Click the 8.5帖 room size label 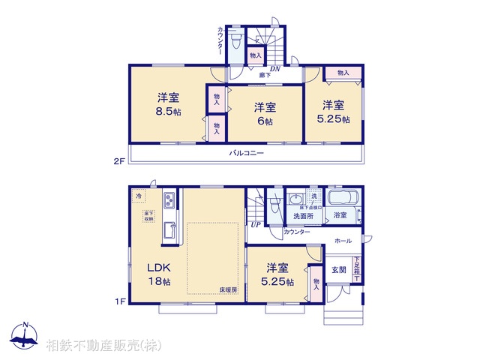[168, 112]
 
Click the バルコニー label [247, 152]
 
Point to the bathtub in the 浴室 [344, 200]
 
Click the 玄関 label [339, 270]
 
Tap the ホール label [343, 241]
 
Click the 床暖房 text [228, 289]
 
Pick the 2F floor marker [118, 160]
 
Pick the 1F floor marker [118, 302]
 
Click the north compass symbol [25, 335]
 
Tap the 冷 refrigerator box [139, 196]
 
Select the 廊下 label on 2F [265, 75]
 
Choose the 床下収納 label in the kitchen [149, 217]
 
